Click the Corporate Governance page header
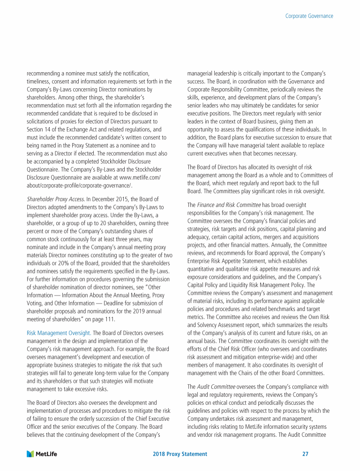(x=309, y=16)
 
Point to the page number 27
(x=306, y=454)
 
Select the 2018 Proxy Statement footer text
(x=180, y=454)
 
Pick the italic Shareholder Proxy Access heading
(x=53, y=199)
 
